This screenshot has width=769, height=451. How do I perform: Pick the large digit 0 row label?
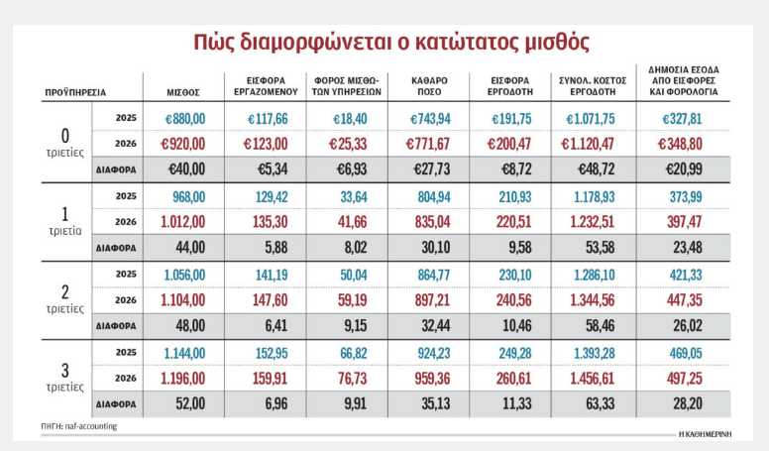66,134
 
